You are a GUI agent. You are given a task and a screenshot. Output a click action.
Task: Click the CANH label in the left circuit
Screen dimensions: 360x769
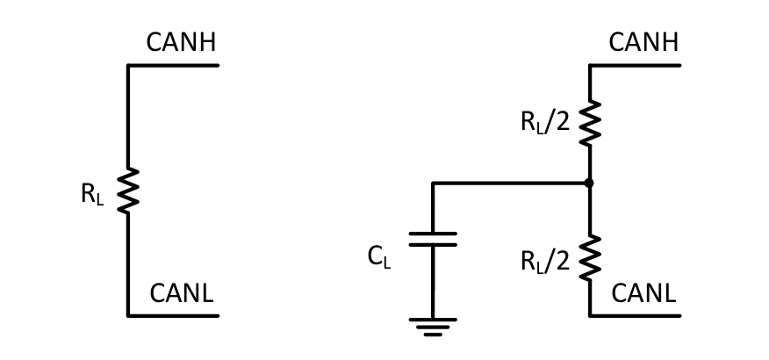coord(181,42)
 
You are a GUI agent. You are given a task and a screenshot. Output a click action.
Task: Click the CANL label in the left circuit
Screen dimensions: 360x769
coord(181,293)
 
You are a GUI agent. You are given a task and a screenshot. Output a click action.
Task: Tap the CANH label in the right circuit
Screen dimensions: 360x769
coord(643,42)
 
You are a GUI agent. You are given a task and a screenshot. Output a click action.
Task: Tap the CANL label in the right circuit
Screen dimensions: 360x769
coord(643,293)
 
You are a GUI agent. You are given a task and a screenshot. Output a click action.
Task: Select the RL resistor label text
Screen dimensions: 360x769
coord(91,194)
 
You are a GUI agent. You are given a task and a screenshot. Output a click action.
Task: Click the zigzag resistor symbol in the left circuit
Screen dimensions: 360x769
coord(128,191)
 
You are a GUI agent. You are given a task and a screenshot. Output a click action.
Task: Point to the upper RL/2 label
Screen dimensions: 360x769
coord(545,121)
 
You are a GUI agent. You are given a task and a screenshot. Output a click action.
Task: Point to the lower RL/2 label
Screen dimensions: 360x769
coord(545,260)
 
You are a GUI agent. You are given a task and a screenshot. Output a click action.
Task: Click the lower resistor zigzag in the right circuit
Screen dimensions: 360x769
coord(589,256)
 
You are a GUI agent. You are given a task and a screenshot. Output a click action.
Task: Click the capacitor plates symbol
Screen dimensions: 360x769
coord(433,239)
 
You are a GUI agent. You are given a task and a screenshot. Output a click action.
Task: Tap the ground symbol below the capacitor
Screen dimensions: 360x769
coord(433,327)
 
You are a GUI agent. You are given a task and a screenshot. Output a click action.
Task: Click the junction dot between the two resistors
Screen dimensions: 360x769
coord(589,183)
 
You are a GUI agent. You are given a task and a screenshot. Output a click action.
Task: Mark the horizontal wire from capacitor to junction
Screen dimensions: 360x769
coord(509,184)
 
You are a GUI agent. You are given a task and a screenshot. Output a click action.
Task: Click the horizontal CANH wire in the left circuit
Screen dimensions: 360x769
coord(173,65)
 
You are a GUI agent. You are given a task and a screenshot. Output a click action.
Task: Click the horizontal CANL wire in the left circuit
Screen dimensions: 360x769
coord(173,314)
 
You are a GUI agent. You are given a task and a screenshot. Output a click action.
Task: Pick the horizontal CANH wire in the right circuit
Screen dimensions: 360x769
coord(635,65)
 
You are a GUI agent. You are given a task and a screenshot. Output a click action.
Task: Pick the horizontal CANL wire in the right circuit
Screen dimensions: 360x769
coord(635,314)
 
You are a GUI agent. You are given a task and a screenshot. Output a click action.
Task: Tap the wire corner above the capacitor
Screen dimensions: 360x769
coord(433,184)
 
